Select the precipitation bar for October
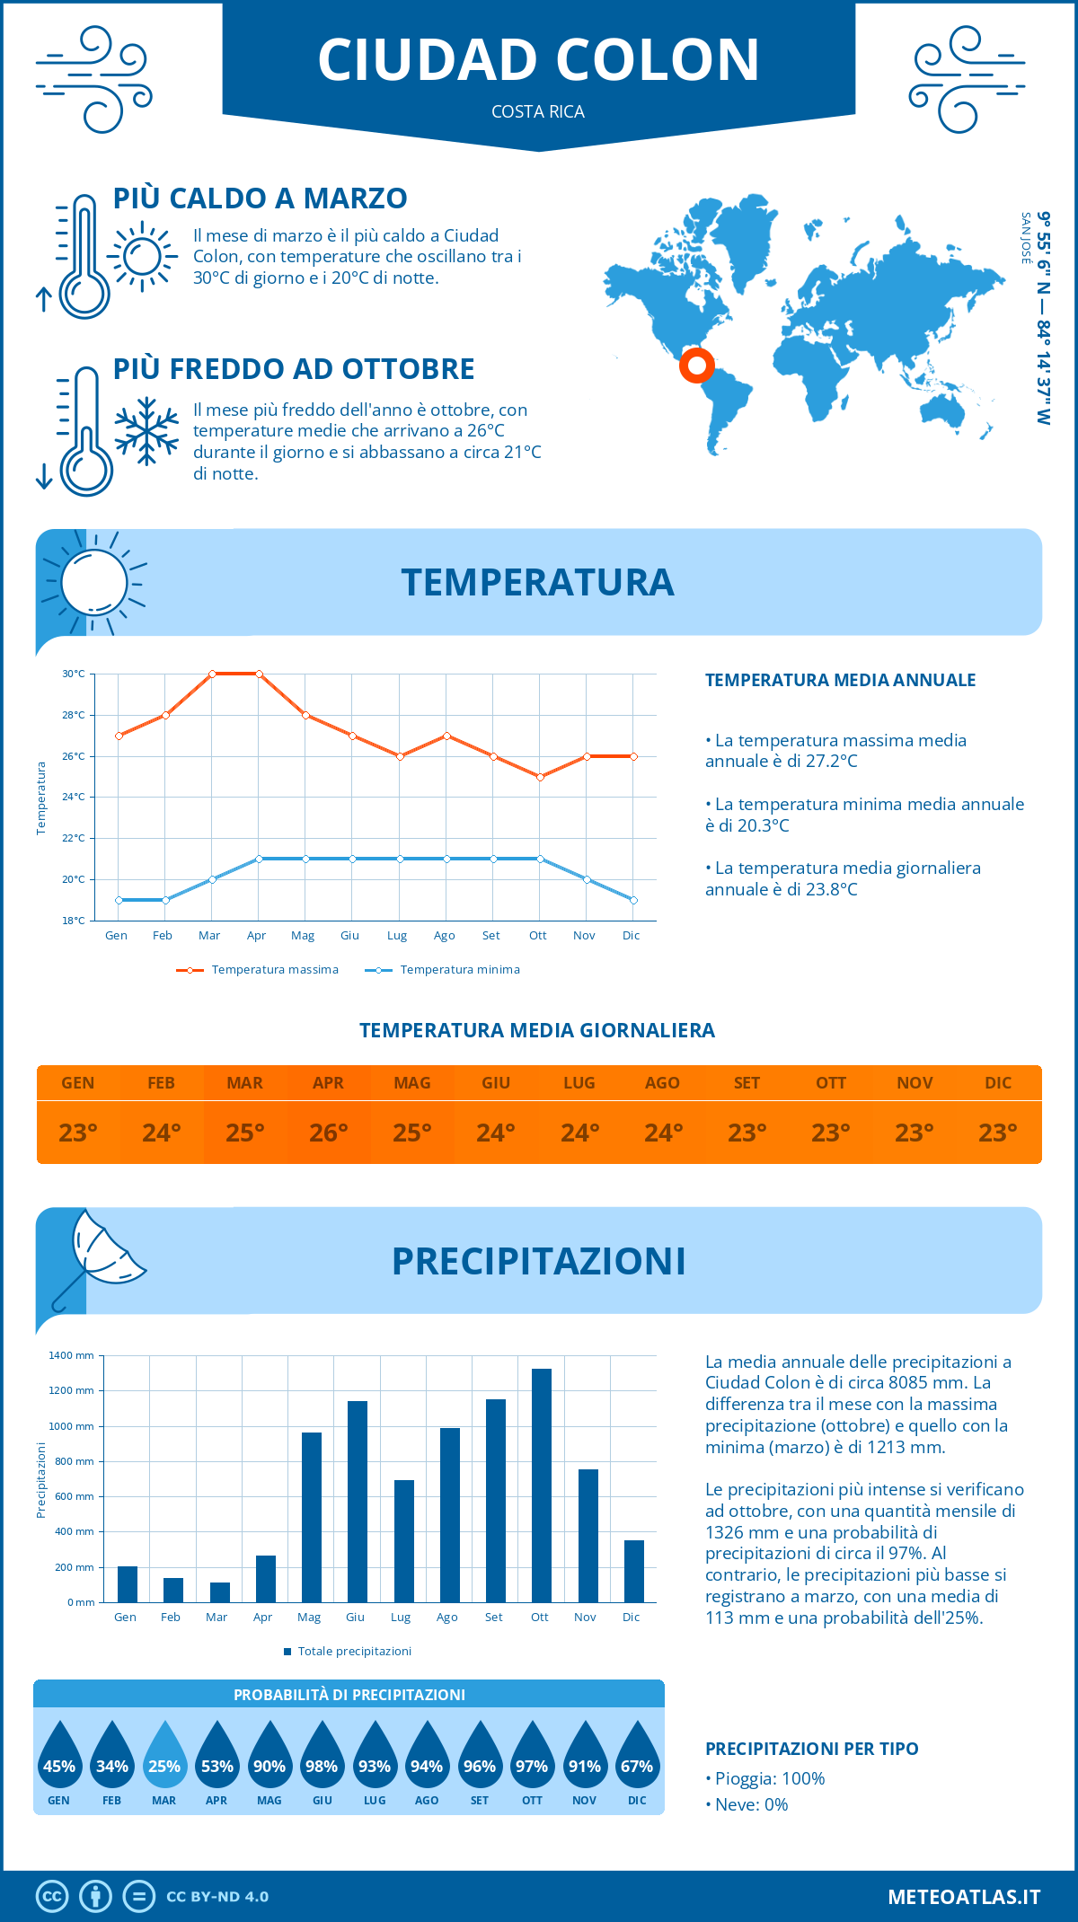541,1486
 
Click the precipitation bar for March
219,1592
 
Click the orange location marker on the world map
697,366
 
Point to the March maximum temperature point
212,674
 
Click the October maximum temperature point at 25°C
540,777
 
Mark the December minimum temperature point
633,900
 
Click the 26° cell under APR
329,1133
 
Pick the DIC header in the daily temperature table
998,1083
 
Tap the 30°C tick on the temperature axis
74,674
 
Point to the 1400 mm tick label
71,1355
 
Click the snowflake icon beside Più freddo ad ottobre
146,431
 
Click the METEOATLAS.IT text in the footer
964,1897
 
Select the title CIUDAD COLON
539,60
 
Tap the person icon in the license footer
95,1897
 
